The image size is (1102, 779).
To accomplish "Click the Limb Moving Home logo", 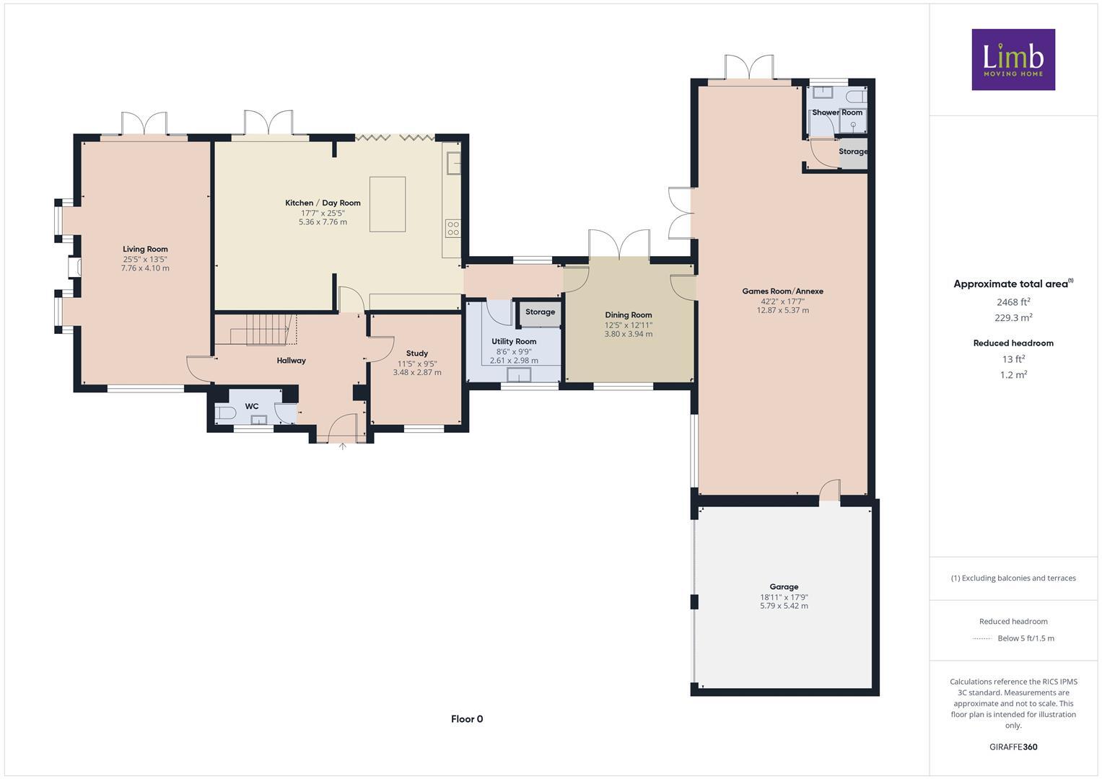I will tap(1013, 59).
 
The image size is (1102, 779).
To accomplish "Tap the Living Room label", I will tap(145, 250).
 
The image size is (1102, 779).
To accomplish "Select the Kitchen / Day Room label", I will tap(323, 203).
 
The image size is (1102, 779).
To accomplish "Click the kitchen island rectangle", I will tap(388, 204).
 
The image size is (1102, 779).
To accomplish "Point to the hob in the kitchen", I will tap(452, 229).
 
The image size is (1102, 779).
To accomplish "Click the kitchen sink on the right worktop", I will tap(453, 163).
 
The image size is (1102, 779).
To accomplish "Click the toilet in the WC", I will tap(224, 413).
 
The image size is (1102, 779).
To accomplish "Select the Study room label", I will tap(416, 353).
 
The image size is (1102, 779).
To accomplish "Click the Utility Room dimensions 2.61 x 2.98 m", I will tap(514, 361).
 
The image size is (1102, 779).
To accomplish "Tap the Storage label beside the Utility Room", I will tap(540, 312).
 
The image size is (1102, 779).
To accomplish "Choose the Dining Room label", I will tap(628, 315).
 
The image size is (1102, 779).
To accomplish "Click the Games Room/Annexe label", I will tap(782, 291).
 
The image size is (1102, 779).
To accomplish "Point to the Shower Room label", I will tap(837, 113).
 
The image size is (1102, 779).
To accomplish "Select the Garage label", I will tap(784, 587).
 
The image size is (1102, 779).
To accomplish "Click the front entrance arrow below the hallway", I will tap(343, 446).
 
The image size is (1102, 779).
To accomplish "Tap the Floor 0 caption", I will tap(467, 719).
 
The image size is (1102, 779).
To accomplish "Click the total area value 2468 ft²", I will tap(1013, 302).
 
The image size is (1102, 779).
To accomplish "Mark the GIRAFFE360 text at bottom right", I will tap(1013, 747).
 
